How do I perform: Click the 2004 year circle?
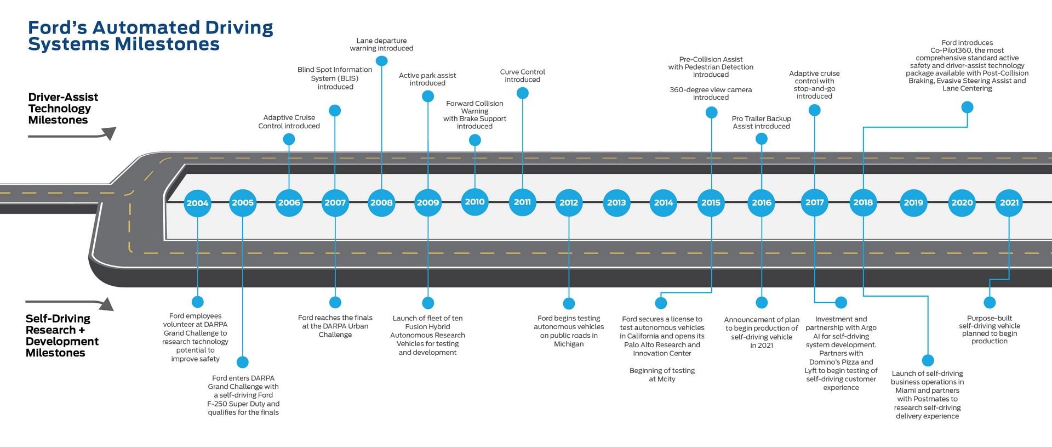point(197,203)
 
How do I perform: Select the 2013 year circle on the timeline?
point(616,203)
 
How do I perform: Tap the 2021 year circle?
point(1009,203)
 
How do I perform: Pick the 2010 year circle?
point(474,202)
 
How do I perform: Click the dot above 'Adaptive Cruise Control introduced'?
point(289,139)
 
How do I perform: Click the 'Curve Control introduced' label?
point(522,76)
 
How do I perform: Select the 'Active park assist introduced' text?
point(427,79)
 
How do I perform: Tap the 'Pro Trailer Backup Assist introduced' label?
point(761,122)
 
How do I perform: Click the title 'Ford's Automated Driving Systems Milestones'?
point(150,36)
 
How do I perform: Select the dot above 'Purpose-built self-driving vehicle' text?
point(990,302)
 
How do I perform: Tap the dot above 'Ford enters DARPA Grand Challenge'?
point(243,362)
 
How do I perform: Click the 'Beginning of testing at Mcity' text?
point(662,375)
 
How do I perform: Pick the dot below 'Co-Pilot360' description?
point(967,107)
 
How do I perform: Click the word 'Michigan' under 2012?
point(569,344)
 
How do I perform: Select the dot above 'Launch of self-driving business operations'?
point(928,360)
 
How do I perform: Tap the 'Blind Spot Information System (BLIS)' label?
point(335,74)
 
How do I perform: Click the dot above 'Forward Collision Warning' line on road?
point(475,140)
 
